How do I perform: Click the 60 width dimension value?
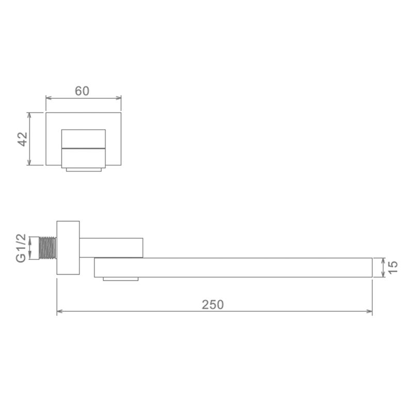point(82,91)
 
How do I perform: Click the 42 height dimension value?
point(22,139)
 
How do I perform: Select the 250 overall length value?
point(213,305)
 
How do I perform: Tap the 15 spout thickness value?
point(393,267)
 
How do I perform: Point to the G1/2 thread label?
point(21,248)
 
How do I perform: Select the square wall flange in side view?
point(68,248)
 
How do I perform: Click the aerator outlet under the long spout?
point(121,279)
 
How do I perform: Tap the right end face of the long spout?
point(372,267)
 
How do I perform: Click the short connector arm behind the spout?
point(111,247)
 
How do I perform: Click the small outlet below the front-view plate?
point(83,168)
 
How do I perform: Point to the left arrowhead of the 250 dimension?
point(59,311)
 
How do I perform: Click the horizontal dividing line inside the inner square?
point(83,148)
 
